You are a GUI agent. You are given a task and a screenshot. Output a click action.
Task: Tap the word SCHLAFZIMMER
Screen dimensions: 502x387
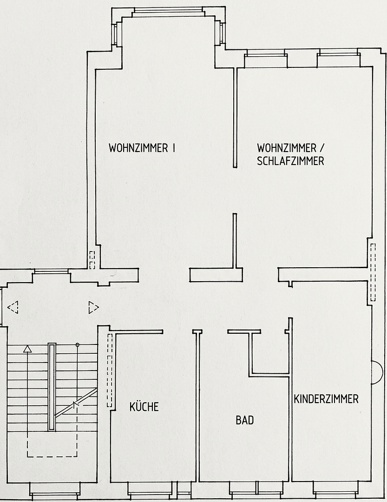click(x=290, y=161)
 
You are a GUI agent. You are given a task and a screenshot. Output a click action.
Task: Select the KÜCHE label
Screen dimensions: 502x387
click(x=144, y=407)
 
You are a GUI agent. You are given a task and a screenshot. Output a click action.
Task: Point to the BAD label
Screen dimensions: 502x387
click(x=244, y=420)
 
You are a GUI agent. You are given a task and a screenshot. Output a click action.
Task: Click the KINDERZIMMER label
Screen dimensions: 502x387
click(x=326, y=399)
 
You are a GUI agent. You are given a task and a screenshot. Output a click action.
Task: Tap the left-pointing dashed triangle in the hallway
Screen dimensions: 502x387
click(x=13, y=307)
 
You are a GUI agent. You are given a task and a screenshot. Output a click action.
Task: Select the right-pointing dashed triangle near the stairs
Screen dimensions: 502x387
click(x=93, y=307)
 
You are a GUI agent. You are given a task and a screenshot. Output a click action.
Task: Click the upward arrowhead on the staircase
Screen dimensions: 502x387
click(x=27, y=348)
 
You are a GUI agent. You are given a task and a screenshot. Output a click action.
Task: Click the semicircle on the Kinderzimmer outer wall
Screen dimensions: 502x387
click(x=376, y=372)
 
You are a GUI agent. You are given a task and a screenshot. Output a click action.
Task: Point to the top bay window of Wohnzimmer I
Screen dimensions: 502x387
click(x=168, y=11)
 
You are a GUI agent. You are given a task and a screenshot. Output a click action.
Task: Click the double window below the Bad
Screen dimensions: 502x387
click(x=256, y=489)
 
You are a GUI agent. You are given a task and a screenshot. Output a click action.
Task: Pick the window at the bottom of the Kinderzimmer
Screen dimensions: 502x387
click(x=335, y=489)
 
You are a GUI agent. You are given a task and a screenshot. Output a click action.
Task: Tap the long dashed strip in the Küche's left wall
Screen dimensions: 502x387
click(x=110, y=370)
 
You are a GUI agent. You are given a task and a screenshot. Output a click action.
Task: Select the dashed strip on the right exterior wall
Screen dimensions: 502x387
click(x=373, y=271)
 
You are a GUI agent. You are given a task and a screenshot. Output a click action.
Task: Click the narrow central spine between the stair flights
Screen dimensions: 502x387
click(x=52, y=387)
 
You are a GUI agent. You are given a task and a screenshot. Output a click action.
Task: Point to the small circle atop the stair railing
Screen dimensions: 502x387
click(x=77, y=344)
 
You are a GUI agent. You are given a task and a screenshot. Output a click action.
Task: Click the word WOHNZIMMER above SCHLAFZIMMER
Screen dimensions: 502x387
click(x=287, y=148)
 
